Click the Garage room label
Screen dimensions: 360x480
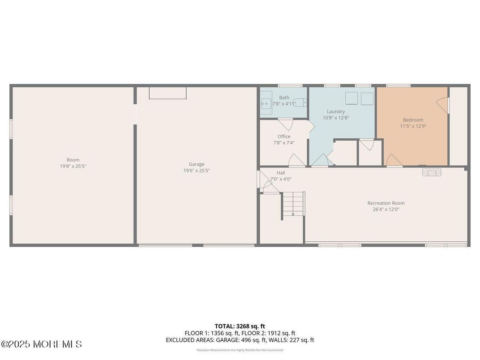coord(196,164)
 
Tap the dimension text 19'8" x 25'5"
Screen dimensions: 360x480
coord(73,166)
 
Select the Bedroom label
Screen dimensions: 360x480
coord(413,120)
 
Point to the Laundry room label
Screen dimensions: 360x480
coord(335,111)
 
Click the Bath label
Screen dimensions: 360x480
coord(284,98)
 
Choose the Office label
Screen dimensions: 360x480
coord(283,137)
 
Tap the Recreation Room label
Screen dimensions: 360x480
coord(386,203)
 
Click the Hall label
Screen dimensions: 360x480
coord(281,173)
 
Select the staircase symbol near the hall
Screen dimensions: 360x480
coord(293,205)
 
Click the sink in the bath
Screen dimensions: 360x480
coord(266,103)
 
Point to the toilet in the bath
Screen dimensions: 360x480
coord(303,103)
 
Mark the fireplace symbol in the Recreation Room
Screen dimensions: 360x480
coord(432,171)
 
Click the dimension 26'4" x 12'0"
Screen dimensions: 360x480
coord(386,209)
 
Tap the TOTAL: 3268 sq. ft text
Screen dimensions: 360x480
coord(240,326)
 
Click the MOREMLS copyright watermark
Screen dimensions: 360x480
coord(41,344)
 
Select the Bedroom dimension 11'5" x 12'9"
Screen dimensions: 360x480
coord(413,126)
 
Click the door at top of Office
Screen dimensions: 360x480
coord(285,124)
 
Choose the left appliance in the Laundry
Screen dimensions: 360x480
coord(350,98)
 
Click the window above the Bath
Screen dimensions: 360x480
coord(290,85)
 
